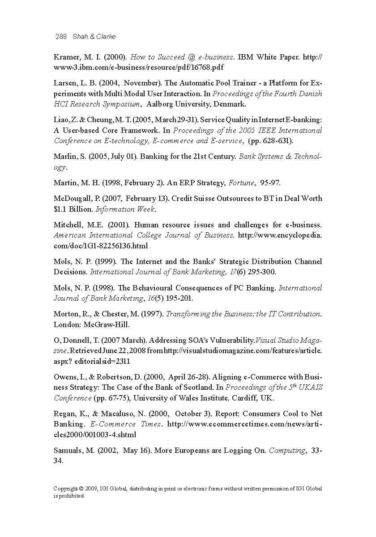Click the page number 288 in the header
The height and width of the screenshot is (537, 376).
coord(61,37)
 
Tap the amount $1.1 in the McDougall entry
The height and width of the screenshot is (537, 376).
coord(60,209)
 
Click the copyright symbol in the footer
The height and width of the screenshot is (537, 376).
coord(81,489)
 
